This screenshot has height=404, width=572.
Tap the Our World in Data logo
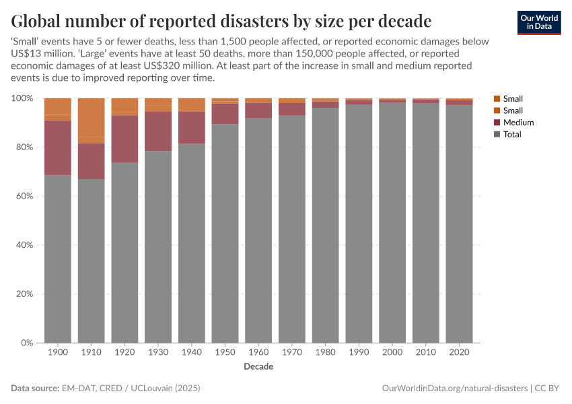click(538, 22)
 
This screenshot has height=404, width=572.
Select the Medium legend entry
click(518, 123)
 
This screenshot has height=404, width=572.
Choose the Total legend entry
click(512, 135)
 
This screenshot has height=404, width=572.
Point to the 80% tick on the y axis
click(24, 147)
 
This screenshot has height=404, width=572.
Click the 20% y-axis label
click(24, 294)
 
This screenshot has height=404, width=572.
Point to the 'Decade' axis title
click(258, 367)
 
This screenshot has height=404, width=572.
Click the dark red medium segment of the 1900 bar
click(58, 147)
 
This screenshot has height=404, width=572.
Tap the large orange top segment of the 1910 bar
click(91, 117)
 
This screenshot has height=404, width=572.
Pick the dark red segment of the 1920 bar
click(124, 139)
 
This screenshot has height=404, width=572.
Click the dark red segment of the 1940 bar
click(191, 127)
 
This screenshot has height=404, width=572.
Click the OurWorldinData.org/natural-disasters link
click(455, 389)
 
